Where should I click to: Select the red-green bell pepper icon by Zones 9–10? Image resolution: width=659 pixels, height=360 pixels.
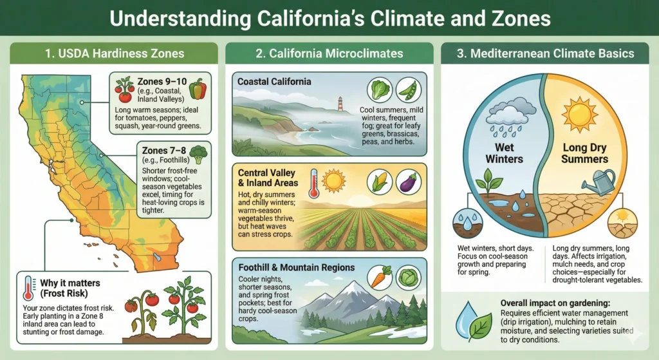point(198,88)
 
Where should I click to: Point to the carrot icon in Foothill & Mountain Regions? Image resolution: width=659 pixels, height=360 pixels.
point(381,278)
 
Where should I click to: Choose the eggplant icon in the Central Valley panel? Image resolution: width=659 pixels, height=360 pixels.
point(409,182)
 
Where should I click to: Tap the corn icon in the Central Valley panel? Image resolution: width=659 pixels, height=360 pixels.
point(380,182)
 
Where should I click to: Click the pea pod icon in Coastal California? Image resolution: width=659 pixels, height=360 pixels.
point(409,91)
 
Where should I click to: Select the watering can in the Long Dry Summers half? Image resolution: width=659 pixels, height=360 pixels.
point(603,182)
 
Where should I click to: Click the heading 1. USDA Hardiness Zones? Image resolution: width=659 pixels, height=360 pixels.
point(116,54)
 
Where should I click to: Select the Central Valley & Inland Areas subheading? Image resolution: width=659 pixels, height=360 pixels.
point(268,178)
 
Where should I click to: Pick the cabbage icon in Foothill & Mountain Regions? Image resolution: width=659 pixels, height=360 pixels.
point(409,278)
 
